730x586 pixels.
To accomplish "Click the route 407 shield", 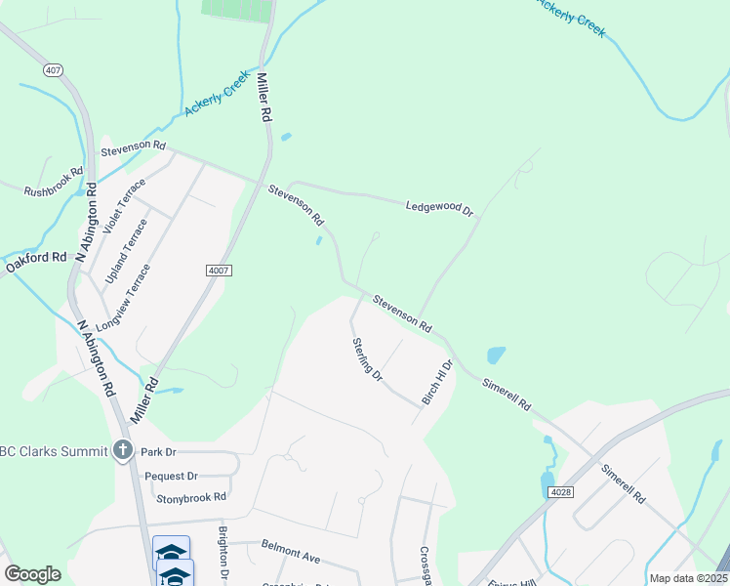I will (54, 70).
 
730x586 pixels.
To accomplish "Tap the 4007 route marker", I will (219, 271).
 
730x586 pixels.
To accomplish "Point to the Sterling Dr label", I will (368, 358).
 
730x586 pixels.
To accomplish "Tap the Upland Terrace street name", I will (127, 252).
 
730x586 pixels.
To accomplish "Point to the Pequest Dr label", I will (171, 476).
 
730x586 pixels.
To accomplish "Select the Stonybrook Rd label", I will (191, 497).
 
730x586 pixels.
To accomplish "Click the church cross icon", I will (122, 450).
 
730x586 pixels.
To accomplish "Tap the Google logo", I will (32, 574).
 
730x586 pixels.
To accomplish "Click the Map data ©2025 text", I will (688, 578).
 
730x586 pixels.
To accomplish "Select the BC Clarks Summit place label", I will (54, 451).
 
